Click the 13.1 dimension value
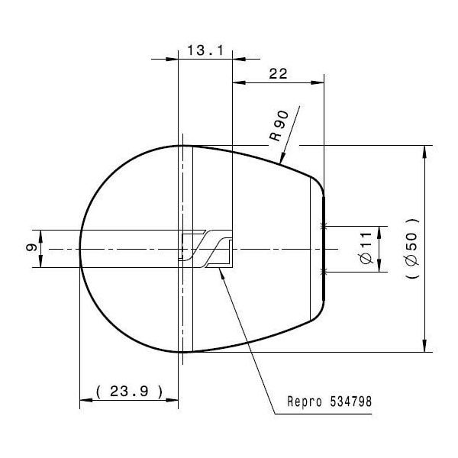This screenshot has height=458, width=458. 204,51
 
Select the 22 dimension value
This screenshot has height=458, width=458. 277,73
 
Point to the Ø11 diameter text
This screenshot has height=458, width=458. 364,249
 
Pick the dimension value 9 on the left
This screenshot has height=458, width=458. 30,248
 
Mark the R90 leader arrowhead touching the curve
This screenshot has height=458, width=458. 283,162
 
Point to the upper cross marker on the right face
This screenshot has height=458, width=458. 325,226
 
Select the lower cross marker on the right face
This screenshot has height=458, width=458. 325,272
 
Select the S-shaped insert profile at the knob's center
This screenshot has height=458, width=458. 206,248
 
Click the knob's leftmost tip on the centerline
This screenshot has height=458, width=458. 80,248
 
